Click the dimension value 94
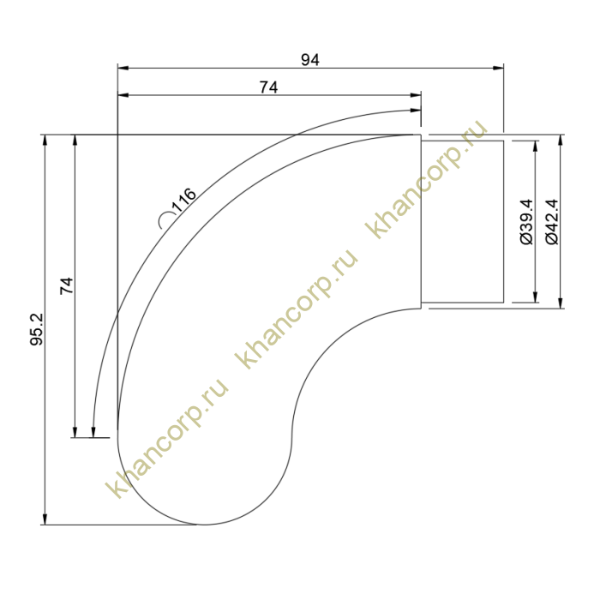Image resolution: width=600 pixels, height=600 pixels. click(310, 60)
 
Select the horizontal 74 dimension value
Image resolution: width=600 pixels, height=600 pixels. click(268, 87)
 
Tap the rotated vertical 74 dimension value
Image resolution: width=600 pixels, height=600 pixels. click(67, 285)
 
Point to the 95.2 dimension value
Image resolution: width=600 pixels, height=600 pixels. click(37, 329)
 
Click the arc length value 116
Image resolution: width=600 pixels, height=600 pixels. click(184, 200)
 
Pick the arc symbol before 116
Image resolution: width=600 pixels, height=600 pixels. click(165, 220)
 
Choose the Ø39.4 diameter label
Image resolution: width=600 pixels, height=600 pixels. click(527, 221)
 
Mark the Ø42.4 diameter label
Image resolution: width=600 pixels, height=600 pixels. click(552, 222)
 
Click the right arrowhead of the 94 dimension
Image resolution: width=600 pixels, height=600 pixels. click(498, 68)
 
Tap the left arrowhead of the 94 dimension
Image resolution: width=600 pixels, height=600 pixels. click(123, 68)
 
